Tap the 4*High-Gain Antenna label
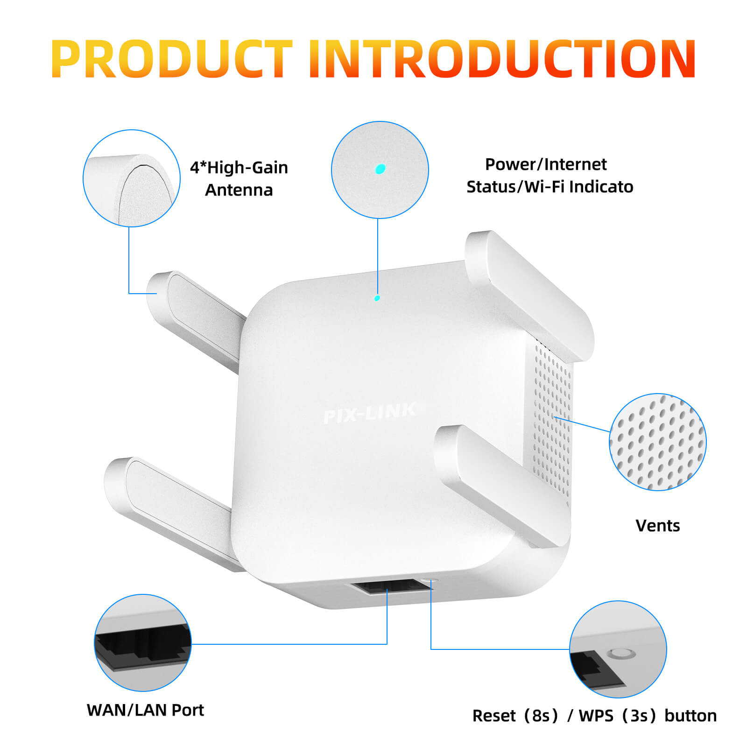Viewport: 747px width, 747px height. tap(239, 179)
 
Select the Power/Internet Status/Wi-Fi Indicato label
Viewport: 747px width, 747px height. tap(549, 176)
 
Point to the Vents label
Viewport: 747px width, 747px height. tap(657, 526)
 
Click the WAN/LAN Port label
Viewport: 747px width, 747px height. tap(145, 710)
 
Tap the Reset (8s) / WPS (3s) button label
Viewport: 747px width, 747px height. tap(594, 716)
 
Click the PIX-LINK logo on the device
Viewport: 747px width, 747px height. tap(369, 413)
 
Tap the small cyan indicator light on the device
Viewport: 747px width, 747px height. tap(377, 298)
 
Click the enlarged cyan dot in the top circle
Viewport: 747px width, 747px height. tap(381, 169)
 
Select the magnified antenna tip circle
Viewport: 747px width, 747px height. tap(132, 178)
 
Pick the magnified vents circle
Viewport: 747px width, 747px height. tap(657, 442)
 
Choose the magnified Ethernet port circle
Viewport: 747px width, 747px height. tap(143, 642)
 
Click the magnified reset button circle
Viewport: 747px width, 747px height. tap(618, 649)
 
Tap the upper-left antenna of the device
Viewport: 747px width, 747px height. tap(196, 317)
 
